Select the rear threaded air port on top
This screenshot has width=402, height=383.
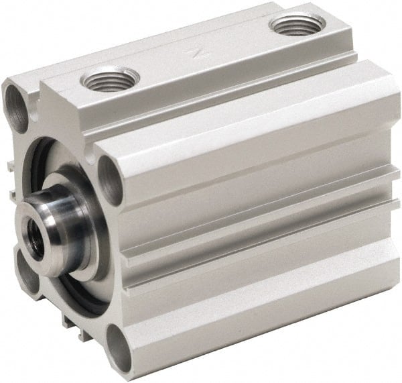295,26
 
